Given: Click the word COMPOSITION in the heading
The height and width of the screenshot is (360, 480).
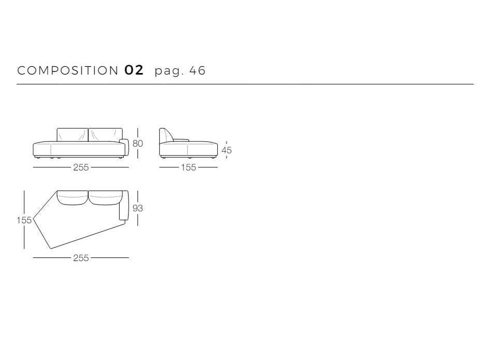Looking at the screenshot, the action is (68, 70).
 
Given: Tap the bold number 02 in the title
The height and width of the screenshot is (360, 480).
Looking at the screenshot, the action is (134, 70).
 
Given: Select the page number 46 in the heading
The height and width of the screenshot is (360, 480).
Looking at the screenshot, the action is (197, 70).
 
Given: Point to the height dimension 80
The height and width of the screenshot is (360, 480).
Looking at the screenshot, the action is (138, 143).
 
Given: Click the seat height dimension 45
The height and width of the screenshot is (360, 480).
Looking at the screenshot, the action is (227, 150).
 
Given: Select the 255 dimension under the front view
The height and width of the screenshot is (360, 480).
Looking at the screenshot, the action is (81, 167).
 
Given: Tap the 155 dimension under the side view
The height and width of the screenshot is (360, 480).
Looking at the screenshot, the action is (188, 167).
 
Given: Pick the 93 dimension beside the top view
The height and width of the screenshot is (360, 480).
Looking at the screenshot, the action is (138, 208).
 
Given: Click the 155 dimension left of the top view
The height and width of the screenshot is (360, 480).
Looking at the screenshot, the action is (24, 220).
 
